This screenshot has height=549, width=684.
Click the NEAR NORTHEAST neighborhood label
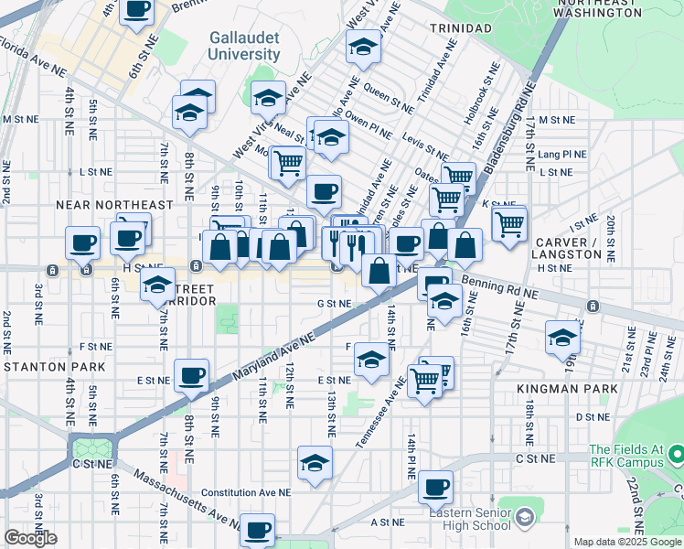coord(114,205)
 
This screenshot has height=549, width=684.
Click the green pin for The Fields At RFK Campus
coord(676,454)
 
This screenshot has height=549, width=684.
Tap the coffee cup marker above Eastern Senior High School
coord(436,486)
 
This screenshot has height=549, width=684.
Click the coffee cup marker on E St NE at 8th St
coord(192,375)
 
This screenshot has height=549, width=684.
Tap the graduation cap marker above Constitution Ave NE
coord(315,463)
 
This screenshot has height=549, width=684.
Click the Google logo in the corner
coord(30,538)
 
